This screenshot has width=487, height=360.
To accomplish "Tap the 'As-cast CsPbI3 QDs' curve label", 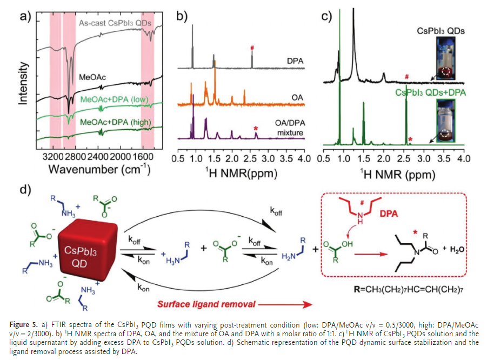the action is point(115,23).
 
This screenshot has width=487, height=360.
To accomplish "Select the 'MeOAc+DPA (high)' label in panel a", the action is point(116,122).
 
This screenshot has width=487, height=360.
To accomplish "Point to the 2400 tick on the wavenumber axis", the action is point(98,157).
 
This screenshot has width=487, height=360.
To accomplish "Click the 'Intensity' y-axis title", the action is point(23,83).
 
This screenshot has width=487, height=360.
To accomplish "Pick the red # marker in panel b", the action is point(252,48).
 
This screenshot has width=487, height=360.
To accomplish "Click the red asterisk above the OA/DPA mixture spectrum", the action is point(256,129).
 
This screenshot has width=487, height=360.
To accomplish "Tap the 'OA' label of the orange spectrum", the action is point(297,97).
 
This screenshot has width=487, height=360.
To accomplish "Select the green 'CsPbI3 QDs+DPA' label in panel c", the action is point(430,92).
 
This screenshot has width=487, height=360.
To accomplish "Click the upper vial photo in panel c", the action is point(446,58).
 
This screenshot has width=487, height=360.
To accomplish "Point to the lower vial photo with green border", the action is point(446,121).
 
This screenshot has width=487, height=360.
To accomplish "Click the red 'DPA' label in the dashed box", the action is point(389,214).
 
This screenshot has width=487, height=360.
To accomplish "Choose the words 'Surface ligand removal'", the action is point(206,304).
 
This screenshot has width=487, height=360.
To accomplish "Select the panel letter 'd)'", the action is point(26,189).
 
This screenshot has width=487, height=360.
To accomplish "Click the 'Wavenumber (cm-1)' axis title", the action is point(99,170).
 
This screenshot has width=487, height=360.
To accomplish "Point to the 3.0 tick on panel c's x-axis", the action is point(424,158).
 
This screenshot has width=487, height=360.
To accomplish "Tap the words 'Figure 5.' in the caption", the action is point(24,325).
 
